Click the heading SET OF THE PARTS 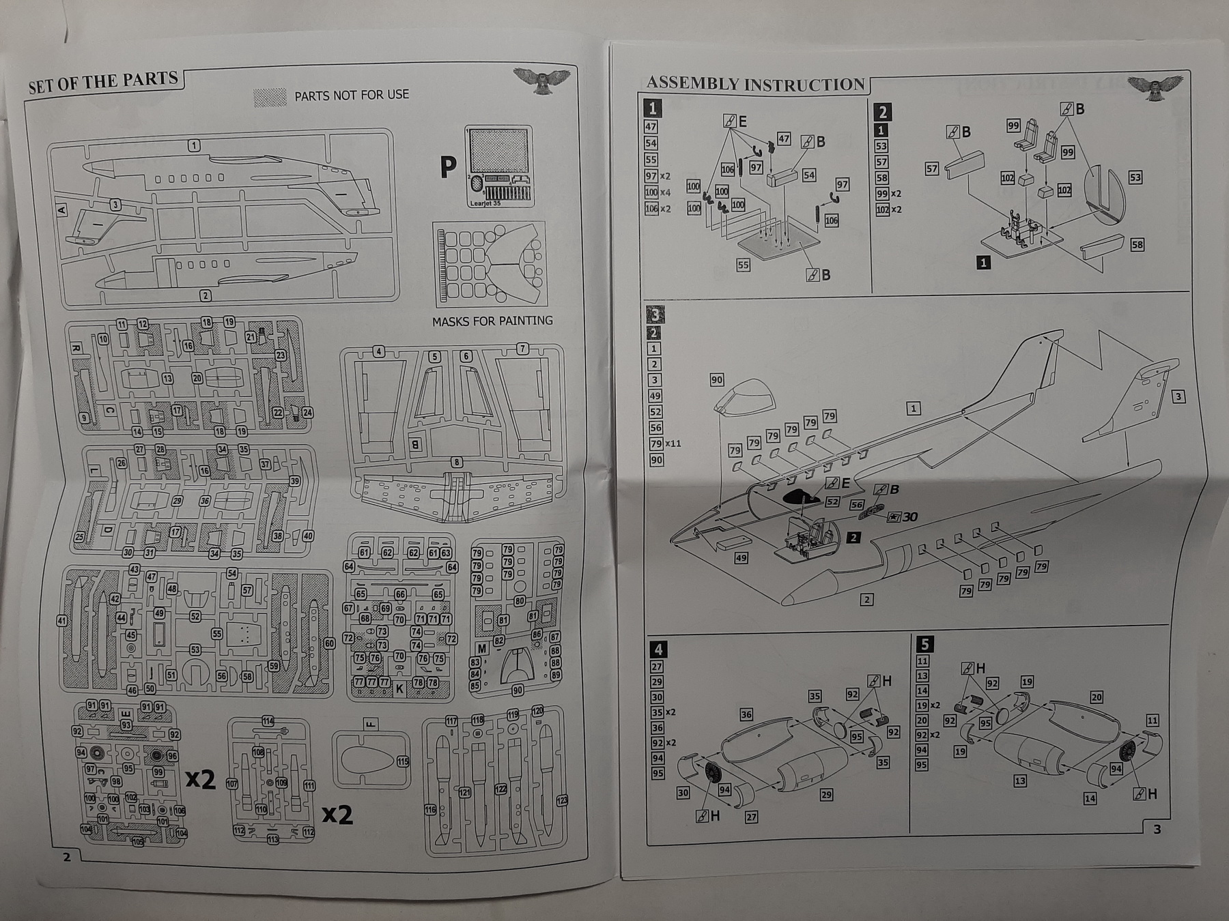102,82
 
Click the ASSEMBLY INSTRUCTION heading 755,84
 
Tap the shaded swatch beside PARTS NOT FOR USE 270,98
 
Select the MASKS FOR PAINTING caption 492,321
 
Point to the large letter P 448,167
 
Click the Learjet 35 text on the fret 485,203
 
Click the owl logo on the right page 1155,87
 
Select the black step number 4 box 658,649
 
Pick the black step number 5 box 924,644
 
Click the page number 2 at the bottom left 67,857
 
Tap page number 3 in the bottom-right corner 1157,830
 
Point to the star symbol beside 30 893,517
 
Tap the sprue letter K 399,689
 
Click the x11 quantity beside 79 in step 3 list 673,443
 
